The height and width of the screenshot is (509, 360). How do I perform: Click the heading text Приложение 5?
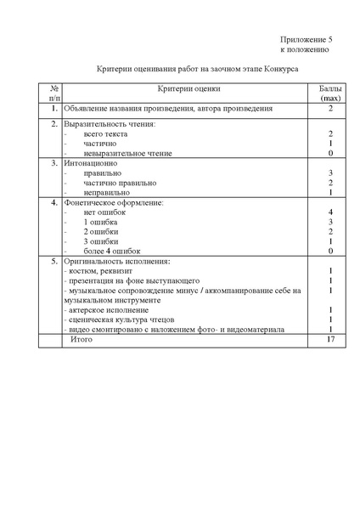[x=307, y=40]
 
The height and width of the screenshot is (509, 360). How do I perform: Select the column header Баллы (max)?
[x=329, y=94]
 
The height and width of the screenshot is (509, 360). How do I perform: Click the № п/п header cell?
[x=54, y=94]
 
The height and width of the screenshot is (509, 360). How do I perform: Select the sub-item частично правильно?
[x=120, y=183]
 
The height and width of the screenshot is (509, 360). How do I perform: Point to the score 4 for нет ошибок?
[x=329, y=212]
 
